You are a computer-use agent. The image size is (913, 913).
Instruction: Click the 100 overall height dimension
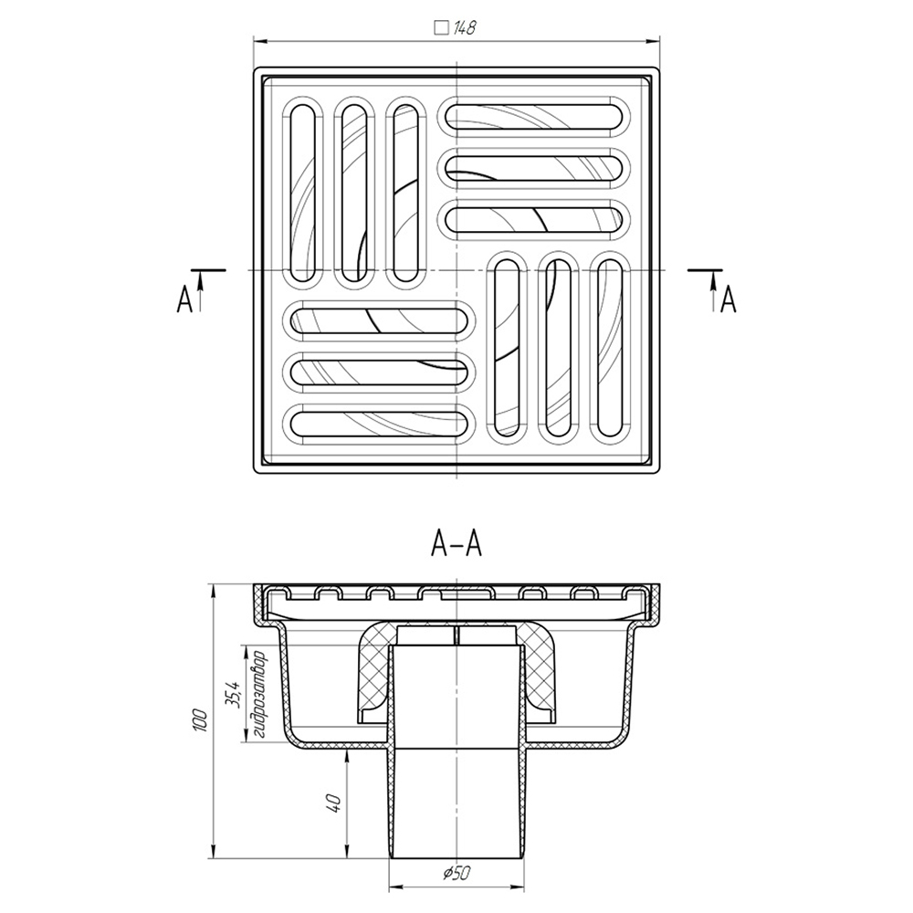pyautogui.click(x=200, y=720)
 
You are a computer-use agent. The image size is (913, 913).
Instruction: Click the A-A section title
pyautogui.click(x=456, y=544)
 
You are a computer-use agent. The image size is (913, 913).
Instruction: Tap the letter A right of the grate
pyautogui.click(x=729, y=300)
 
